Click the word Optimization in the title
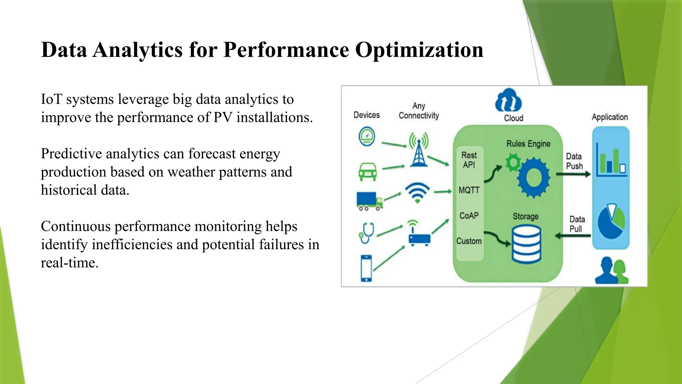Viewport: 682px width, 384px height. (419, 50)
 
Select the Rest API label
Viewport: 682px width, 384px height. (469, 160)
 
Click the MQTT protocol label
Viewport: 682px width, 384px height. (469, 190)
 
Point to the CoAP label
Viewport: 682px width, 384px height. (469, 216)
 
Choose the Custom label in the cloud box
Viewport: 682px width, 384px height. (469, 241)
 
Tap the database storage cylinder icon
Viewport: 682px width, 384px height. (526, 244)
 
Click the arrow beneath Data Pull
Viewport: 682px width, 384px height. (573, 236)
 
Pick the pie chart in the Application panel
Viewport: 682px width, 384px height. (611, 221)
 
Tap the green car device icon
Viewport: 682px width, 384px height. (368, 172)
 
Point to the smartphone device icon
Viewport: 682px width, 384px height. (366, 268)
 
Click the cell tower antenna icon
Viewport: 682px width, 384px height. (419, 150)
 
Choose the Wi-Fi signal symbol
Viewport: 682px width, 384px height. (417, 193)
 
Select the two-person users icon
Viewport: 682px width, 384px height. (611, 271)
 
